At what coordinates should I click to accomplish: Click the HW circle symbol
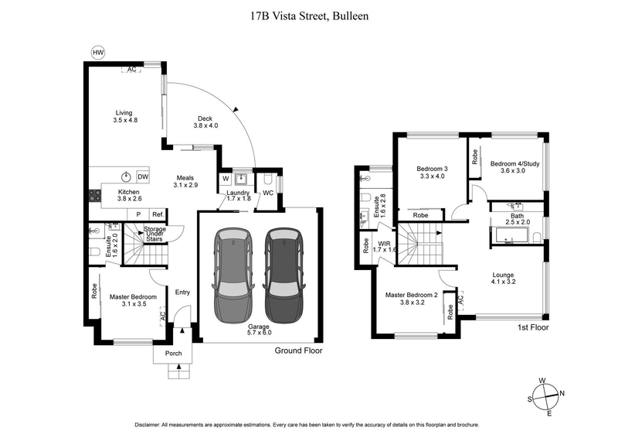tap(97, 52)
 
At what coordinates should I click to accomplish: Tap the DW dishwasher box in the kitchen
tap(142, 176)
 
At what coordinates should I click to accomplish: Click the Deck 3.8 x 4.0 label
tap(205, 122)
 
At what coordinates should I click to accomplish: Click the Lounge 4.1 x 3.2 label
tap(503, 279)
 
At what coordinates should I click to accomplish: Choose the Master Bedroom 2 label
tap(412, 298)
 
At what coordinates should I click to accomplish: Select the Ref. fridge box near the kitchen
tap(157, 214)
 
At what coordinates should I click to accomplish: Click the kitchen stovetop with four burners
tap(96, 197)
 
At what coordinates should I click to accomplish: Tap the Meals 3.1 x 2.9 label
tap(185, 180)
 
